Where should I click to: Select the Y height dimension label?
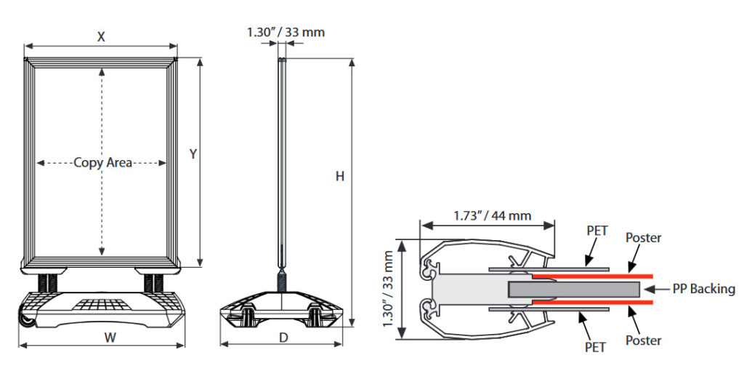point(193,154)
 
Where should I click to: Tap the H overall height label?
point(339,176)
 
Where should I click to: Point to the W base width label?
point(110,337)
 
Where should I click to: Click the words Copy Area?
point(102,163)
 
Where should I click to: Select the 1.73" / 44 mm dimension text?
point(492,215)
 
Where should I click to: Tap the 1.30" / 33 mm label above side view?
point(286,31)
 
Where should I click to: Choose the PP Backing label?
point(703,289)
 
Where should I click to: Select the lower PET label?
point(596,347)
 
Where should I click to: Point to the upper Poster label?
point(643,238)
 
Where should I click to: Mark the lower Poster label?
point(643,340)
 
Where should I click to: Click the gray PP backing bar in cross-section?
point(574,290)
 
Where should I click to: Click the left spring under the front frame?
point(49,281)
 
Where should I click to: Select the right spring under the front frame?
point(153,281)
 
